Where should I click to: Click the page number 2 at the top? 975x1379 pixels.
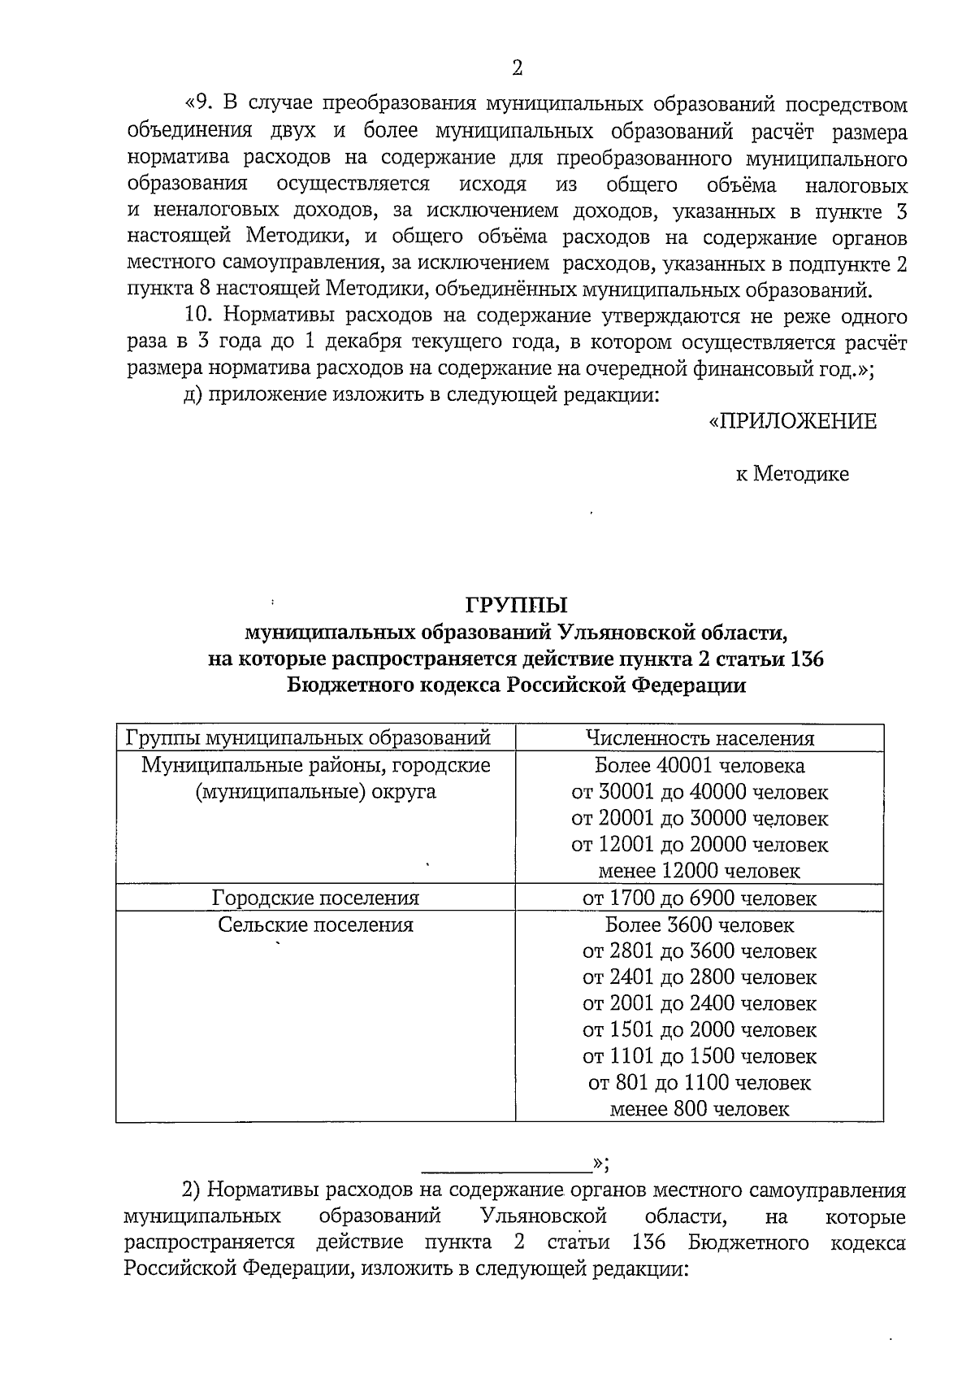518,67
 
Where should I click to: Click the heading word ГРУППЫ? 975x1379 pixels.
517,606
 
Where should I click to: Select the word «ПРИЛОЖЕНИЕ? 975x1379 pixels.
793,421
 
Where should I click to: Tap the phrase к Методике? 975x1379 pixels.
792,474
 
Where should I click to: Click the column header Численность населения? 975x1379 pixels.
700,738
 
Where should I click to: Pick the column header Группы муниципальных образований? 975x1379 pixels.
308,738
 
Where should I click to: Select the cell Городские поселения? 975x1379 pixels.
315,898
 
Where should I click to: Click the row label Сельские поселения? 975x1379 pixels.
315,924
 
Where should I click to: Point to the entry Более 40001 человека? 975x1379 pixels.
700,765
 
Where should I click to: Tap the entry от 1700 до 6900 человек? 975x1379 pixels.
700,898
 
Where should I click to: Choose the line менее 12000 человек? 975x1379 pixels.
700,871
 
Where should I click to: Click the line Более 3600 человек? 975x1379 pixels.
700,924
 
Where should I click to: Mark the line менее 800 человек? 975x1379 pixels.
700,1109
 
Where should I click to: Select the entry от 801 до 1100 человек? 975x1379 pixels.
700,1083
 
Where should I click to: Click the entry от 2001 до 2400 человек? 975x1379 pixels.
700,1003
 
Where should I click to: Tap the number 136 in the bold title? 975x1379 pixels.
806,659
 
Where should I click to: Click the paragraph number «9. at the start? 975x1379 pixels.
199,104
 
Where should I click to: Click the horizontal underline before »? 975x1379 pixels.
507,1172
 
